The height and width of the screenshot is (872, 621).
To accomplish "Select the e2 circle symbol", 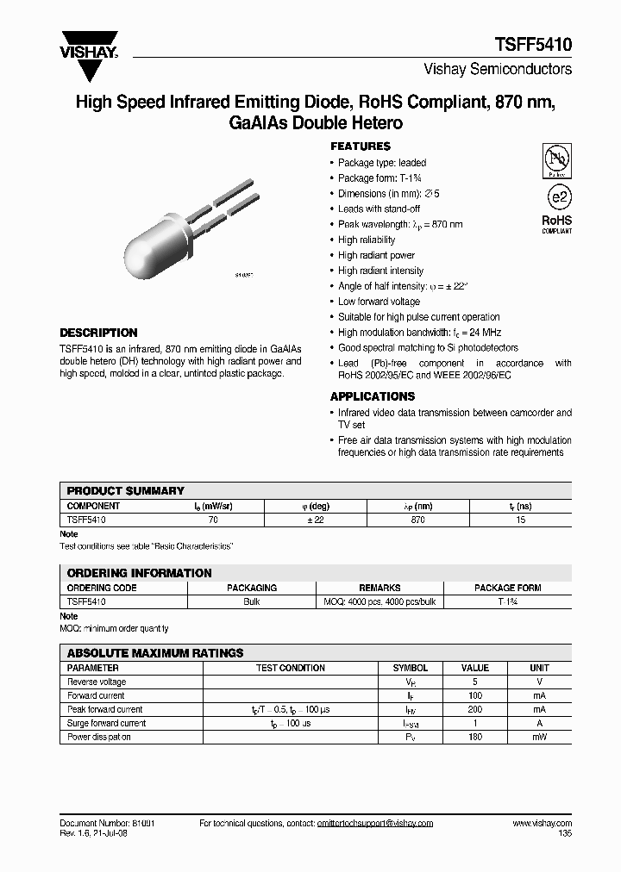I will click(x=556, y=196).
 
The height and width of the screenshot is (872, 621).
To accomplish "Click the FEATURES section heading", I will click(x=361, y=146).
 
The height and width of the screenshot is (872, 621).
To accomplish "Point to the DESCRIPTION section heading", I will click(x=98, y=333).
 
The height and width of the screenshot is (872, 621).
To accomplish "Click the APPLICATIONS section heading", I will click(x=373, y=396).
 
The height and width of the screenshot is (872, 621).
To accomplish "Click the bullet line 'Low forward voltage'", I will click(x=379, y=302).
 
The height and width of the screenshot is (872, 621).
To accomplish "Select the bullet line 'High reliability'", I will click(x=367, y=240).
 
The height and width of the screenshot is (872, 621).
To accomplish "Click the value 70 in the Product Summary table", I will click(x=213, y=520).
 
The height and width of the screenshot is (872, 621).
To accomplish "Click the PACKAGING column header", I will click(x=252, y=588).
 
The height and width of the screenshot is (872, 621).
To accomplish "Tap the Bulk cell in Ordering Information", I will click(x=252, y=601).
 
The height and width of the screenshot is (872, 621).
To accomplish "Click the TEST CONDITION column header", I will click(x=291, y=668).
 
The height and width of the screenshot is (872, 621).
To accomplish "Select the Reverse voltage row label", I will click(x=96, y=682).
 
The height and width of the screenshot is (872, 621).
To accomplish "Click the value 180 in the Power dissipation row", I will click(x=475, y=738).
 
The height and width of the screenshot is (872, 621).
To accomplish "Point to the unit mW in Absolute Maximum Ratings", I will click(x=539, y=738).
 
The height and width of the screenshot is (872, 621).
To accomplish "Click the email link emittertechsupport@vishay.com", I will click(x=362, y=824).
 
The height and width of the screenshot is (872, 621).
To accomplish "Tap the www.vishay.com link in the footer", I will click(x=542, y=824).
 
